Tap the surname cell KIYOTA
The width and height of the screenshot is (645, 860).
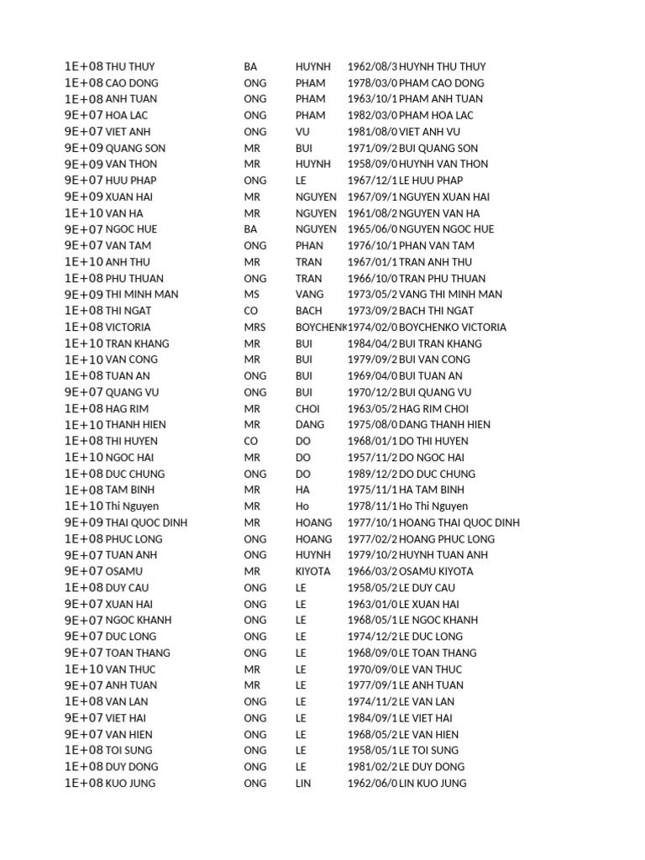click(x=313, y=571)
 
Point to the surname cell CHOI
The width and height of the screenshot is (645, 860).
click(x=308, y=408)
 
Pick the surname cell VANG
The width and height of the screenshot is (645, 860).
click(x=309, y=294)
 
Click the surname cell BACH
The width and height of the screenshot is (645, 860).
click(x=308, y=311)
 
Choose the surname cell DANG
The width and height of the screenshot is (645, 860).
click(x=309, y=425)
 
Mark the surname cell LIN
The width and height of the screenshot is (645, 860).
click(x=303, y=784)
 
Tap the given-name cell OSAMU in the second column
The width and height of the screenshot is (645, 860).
click(x=124, y=571)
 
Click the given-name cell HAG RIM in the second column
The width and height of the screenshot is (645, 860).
click(x=127, y=408)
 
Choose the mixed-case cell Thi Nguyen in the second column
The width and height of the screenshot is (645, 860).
click(x=132, y=506)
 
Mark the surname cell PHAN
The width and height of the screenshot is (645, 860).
click(x=310, y=245)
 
